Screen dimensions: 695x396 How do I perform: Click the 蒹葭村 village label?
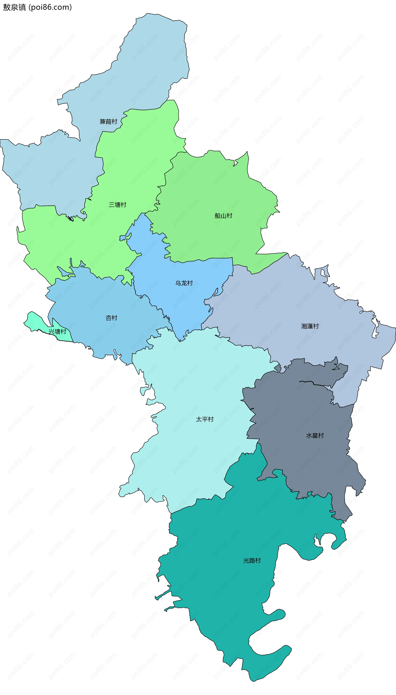[108, 121]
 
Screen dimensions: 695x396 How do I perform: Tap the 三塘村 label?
[118, 205]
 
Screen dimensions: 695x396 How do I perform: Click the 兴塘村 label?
[57, 332]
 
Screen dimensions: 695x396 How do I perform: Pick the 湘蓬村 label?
[310, 326]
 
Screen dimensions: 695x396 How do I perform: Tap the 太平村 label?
[205, 419]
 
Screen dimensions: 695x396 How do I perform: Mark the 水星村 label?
[315, 435]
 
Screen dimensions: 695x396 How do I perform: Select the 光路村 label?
[252, 560]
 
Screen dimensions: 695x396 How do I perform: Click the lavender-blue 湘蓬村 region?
[286, 305]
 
